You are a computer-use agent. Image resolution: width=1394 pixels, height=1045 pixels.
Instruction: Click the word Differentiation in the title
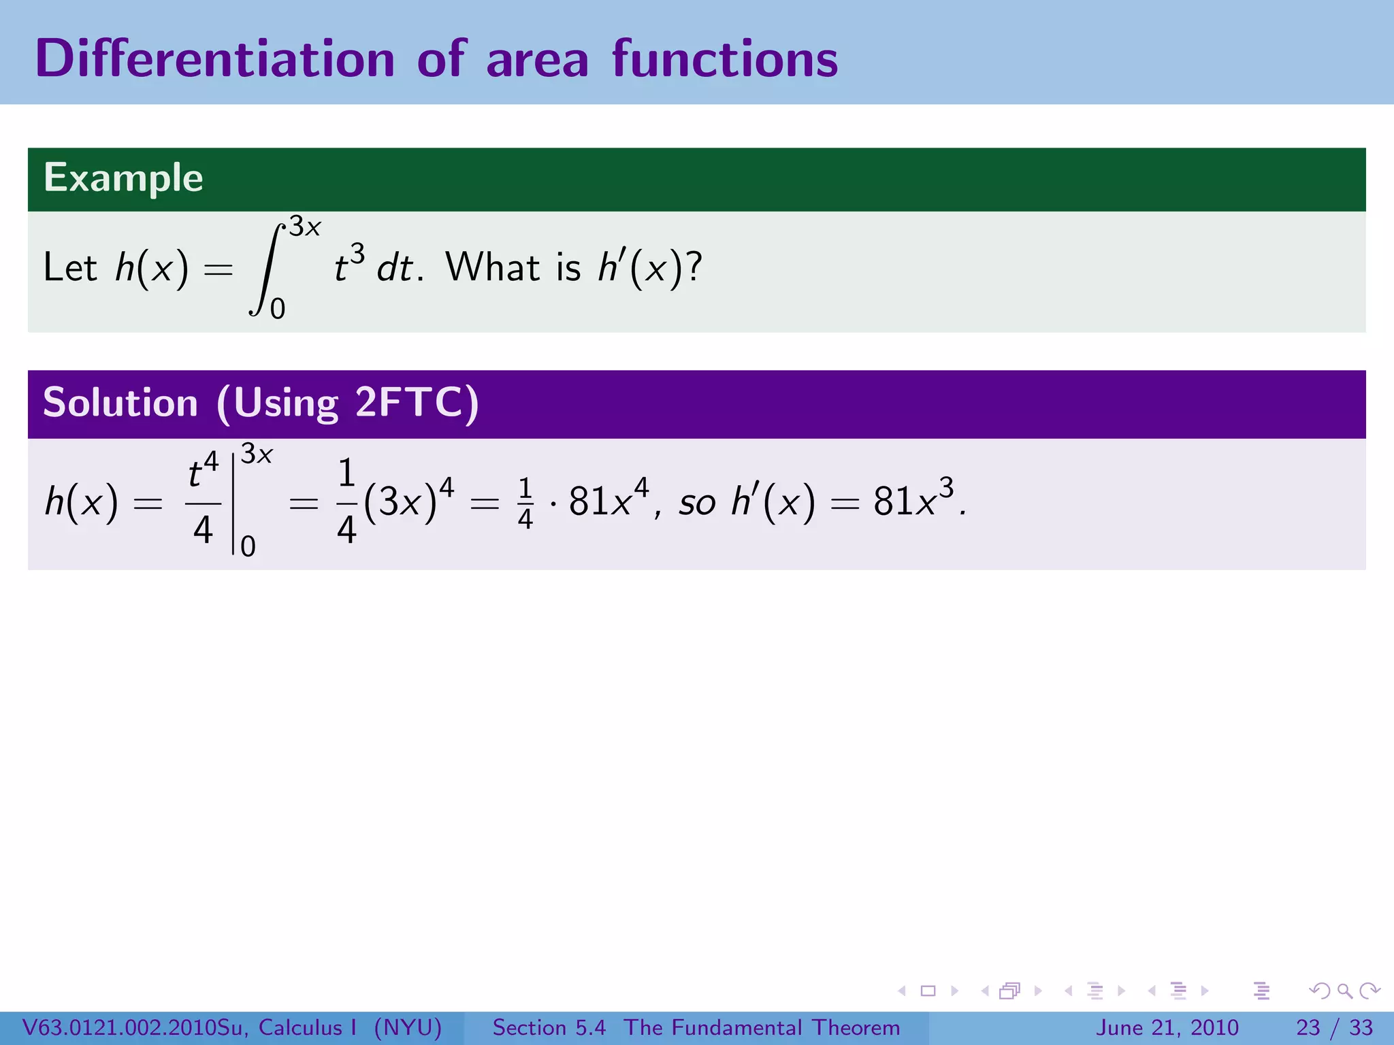(214, 59)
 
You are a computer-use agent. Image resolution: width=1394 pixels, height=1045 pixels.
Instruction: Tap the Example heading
(123, 178)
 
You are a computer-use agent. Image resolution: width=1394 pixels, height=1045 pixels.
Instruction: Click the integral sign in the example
(266, 269)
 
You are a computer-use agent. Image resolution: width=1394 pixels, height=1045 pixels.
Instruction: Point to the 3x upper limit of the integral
(304, 227)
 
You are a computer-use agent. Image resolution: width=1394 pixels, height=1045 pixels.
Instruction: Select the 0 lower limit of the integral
(278, 310)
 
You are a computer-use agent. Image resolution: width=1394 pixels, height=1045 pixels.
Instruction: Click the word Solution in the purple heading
(120, 402)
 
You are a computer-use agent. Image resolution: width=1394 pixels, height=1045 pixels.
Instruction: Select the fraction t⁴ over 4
(203, 502)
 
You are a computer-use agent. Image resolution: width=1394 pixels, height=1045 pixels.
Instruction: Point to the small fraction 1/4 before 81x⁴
(525, 503)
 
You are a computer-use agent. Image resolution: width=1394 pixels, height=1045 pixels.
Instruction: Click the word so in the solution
(697, 503)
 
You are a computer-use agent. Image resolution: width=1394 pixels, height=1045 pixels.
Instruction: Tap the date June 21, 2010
(1167, 1027)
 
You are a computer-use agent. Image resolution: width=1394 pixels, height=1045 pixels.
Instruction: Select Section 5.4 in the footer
(549, 1027)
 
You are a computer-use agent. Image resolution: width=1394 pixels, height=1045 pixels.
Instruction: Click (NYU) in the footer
(408, 1027)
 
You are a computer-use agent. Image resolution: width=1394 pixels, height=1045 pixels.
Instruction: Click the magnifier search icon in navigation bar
(1344, 991)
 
